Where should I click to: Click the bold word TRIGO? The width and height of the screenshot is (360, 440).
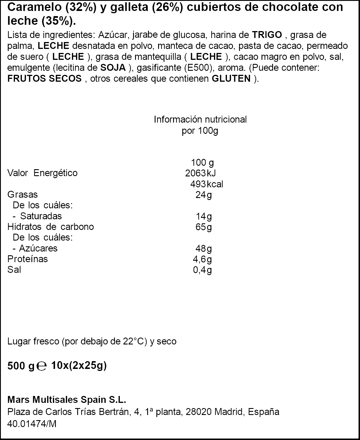click(267, 35)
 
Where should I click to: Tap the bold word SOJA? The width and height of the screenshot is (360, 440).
click(113, 68)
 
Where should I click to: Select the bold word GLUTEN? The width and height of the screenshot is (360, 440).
click(231, 79)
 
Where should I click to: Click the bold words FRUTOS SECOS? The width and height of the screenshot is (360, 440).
click(44, 79)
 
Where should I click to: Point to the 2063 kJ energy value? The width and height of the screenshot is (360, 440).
click(200, 173)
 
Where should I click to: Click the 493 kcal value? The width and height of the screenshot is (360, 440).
click(206, 184)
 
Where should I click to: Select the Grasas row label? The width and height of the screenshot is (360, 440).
click(22, 195)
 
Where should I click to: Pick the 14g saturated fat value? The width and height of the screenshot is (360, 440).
click(204, 216)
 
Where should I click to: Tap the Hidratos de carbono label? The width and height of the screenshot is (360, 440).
click(50, 227)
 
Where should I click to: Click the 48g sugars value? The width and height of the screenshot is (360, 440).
click(204, 248)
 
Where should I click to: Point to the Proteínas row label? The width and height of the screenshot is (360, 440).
click(27, 259)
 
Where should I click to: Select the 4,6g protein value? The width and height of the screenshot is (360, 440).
click(202, 259)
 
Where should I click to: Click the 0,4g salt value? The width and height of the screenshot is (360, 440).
click(202, 270)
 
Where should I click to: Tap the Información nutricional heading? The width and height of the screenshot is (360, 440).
click(200, 119)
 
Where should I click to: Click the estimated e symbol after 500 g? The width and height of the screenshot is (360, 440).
click(42, 366)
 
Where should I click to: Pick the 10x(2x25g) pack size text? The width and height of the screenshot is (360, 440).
click(79, 366)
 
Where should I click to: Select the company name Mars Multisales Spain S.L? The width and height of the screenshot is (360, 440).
click(67, 400)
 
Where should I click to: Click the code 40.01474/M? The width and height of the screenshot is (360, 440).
click(32, 424)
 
